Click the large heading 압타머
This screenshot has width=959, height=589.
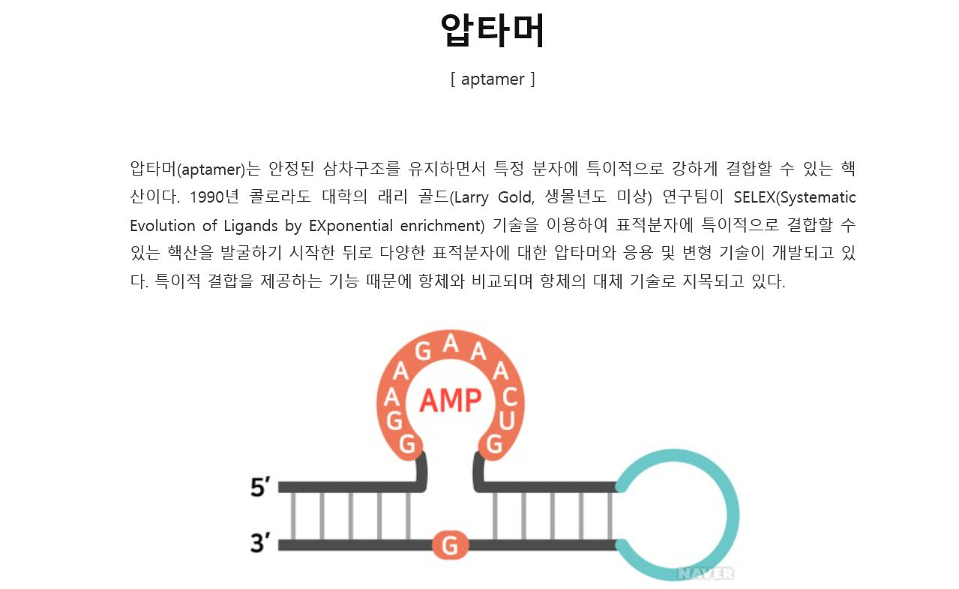point(492,31)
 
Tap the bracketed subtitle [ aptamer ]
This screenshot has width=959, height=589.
point(493,79)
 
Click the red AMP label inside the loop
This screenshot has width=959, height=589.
point(450,401)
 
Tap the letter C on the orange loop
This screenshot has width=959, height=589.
point(509,398)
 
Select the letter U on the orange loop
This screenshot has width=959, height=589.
point(506,422)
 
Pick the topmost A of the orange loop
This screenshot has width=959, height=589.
point(451,344)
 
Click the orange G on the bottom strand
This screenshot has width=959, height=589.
point(450,545)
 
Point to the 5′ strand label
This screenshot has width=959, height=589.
point(260,488)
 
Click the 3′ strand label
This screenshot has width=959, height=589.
point(260,542)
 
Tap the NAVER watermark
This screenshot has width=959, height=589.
point(705,573)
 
